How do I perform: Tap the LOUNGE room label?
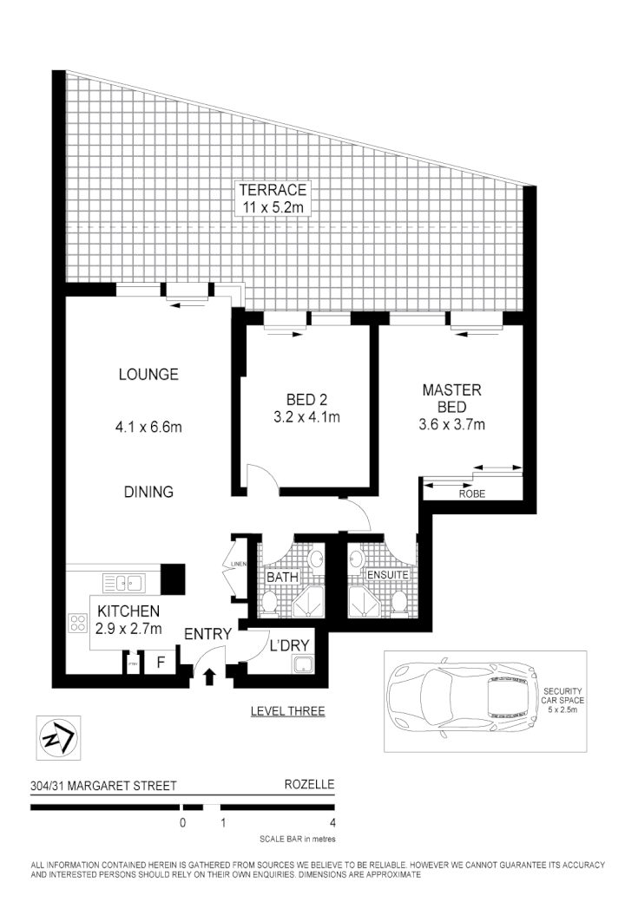[x=148, y=375]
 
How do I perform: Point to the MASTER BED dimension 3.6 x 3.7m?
[x=451, y=424]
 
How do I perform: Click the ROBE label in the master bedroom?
[x=471, y=493]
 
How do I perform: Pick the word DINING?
[x=148, y=492]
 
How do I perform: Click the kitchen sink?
[x=123, y=581]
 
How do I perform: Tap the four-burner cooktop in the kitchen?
[x=77, y=622]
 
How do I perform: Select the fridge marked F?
[x=160, y=663]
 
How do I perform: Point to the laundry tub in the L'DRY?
[x=304, y=665]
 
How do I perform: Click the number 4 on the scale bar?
[x=333, y=823]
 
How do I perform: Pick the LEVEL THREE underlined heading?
[x=287, y=711]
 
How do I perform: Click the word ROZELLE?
[x=309, y=786]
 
